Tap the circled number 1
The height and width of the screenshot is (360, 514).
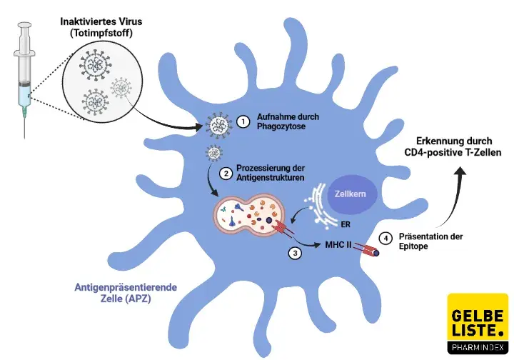click(243, 122)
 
